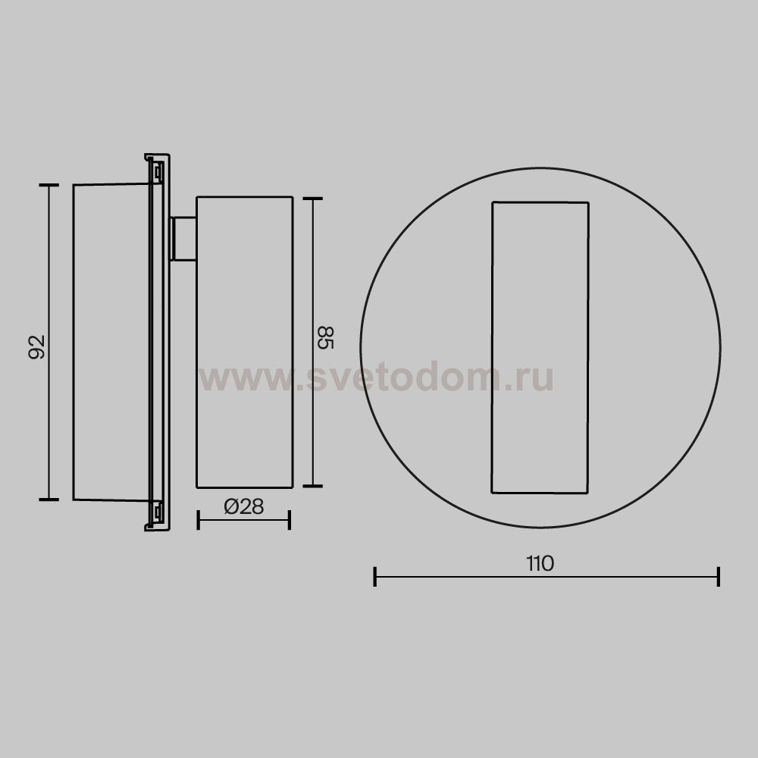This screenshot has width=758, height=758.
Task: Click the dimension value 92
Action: coord(36,346)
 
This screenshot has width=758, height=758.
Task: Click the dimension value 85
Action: coord(325,337)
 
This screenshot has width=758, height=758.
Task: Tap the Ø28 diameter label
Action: coord(244,506)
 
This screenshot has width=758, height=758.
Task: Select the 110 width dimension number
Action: coord(540,563)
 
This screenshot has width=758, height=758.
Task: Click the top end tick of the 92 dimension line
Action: coord(49,185)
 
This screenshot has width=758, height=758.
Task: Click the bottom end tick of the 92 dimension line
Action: coord(49,499)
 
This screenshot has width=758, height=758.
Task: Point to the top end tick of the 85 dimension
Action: coord(313,199)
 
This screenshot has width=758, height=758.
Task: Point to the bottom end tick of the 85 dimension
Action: coord(313,486)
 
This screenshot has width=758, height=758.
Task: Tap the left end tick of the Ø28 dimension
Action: coord(198,520)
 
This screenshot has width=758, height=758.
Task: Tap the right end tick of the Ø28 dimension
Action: coord(289,520)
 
